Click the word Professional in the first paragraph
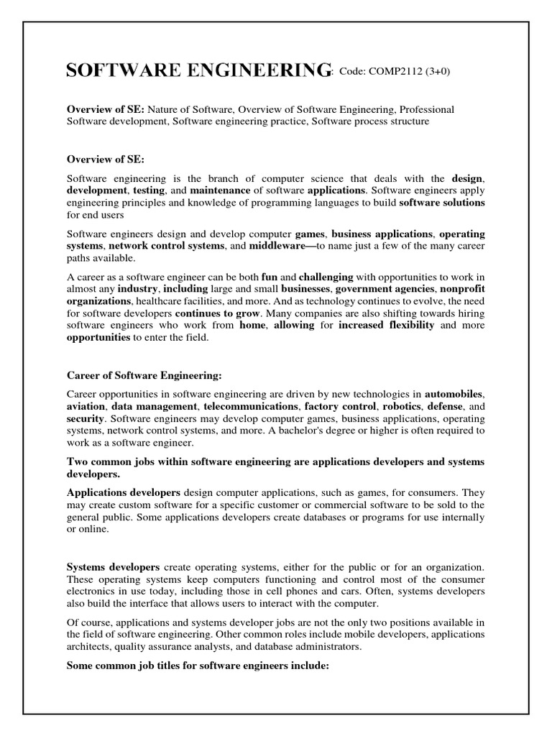(x=426, y=109)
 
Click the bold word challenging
(x=326, y=277)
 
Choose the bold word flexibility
(x=409, y=325)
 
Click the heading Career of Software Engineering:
(x=144, y=375)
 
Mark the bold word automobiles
(x=454, y=394)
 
